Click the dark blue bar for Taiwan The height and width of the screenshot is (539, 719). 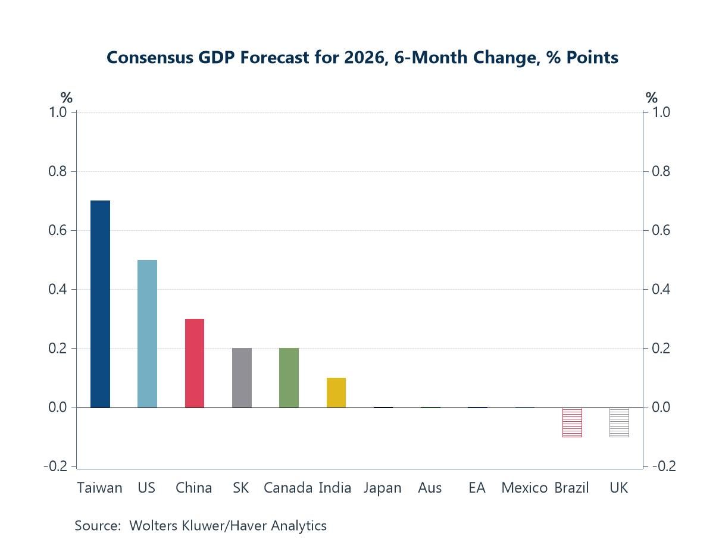100,304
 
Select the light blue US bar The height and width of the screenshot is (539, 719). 147,334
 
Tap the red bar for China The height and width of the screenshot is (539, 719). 195,363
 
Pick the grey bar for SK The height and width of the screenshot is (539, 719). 242,378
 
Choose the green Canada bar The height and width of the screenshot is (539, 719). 289,378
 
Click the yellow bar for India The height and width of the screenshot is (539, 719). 336,393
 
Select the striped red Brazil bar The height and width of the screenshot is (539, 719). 572,422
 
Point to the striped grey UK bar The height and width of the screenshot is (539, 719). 619,422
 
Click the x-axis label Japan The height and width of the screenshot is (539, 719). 383,488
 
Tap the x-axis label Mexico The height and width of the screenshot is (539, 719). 524,488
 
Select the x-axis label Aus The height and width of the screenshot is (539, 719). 430,488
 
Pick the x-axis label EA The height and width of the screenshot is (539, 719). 477,488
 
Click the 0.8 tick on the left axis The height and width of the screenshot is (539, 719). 58,172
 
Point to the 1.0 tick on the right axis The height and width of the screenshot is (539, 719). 662,113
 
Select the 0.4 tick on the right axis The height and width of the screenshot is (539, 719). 662,290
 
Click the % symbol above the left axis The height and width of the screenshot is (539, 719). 66,98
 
